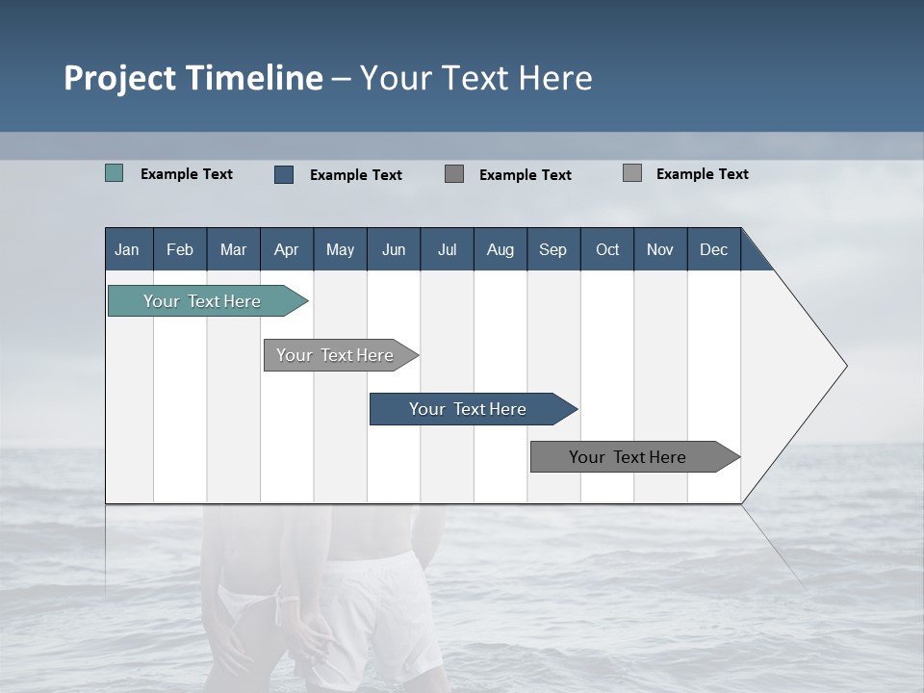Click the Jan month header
click(127, 249)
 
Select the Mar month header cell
click(233, 249)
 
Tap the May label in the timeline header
click(340, 249)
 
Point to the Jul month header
click(447, 249)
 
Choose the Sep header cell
click(552, 249)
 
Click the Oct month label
click(607, 249)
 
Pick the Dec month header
click(713, 249)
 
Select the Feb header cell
click(180, 249)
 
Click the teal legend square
click(115, 173)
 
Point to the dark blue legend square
click(284, 174)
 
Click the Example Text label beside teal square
click(187, 174)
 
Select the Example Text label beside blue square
click(356, 175)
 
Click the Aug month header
click(500, 249)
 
